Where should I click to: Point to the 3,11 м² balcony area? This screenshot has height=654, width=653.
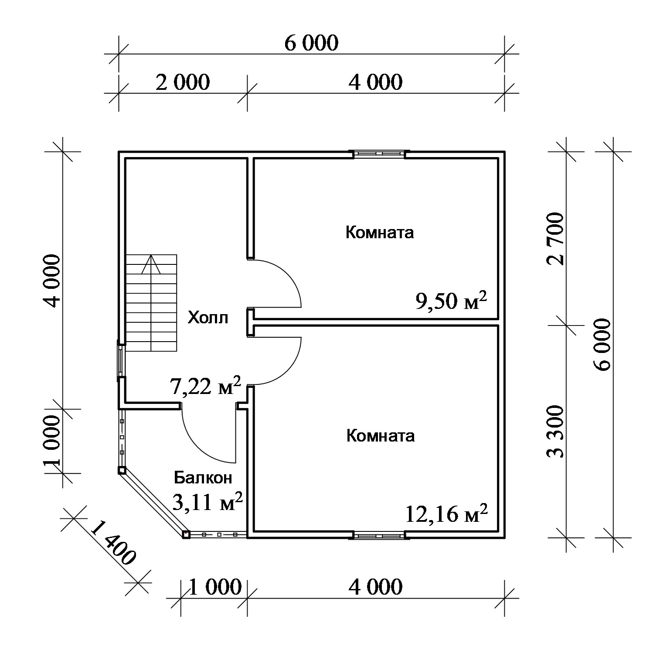coord(207,502)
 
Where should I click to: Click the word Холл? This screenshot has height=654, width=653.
coord(207,318)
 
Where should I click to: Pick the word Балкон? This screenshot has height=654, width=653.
coord(203,478)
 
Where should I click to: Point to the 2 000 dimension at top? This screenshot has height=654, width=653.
coord(183,82)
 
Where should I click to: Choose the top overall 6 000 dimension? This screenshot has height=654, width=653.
coord(311,43)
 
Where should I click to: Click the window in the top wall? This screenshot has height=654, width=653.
coord(379,154)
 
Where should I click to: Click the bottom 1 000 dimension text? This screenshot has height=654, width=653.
coord(215,587)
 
